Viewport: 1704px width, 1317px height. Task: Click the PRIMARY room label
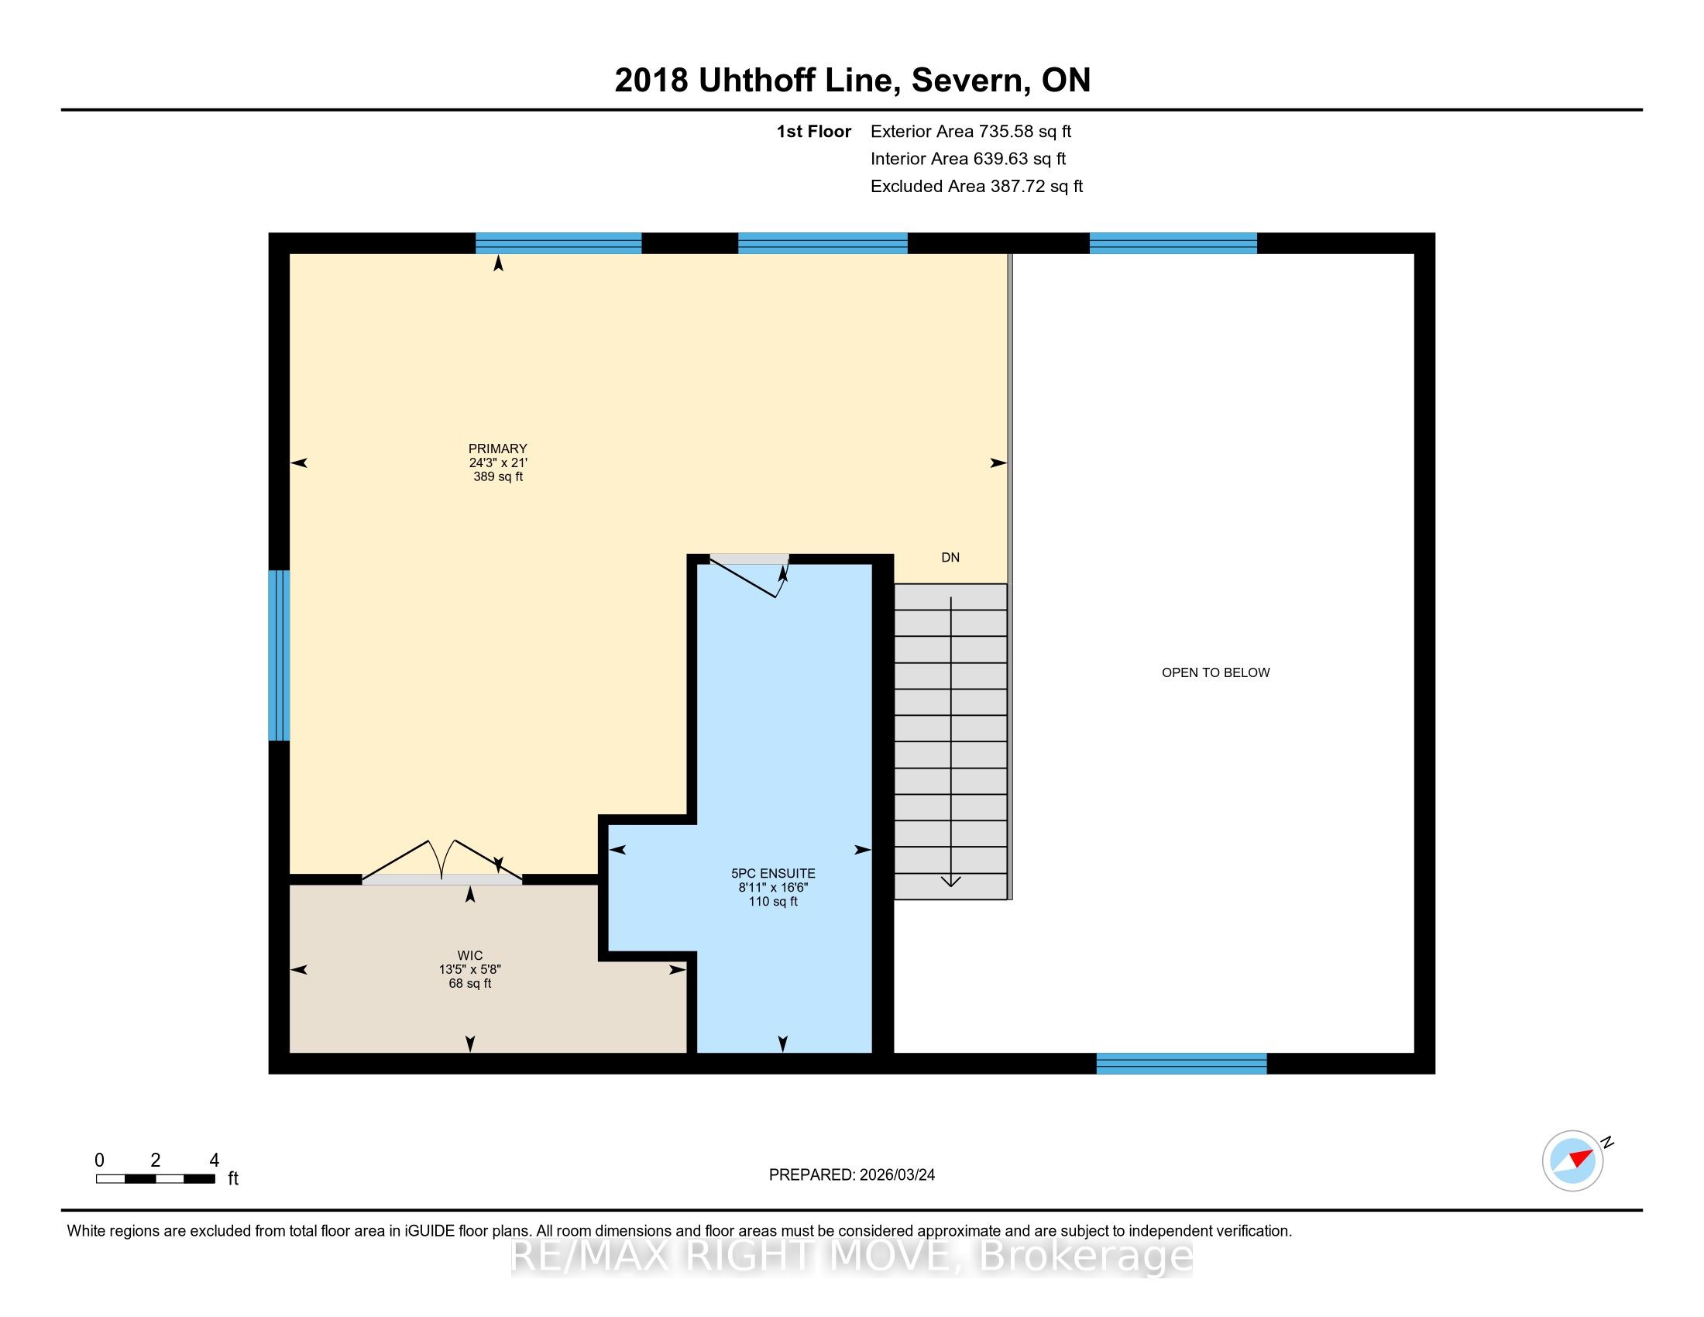click(498, 449)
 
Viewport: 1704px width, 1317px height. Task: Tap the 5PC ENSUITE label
click(773, 874)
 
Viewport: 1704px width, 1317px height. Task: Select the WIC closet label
click(469, 956)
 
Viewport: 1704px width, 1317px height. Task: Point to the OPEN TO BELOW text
click(1215, 672)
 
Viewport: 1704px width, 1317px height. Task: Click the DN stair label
click(950, 557)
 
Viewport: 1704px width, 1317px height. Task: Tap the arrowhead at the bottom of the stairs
click(950, 882)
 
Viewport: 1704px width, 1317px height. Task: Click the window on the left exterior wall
click(280, 655)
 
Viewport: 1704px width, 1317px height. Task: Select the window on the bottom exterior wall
click(1181, 1064)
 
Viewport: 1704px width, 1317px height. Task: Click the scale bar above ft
click(155, 1179)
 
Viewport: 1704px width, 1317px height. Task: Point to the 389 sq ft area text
click(498, 476)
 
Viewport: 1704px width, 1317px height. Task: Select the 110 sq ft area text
click(773, 902)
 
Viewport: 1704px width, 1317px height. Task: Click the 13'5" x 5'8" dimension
click(469, 970)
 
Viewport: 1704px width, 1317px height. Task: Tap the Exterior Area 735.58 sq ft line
click(971, 132)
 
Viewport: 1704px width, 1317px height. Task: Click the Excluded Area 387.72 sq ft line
click(977, 187)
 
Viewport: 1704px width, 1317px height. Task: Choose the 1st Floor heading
click(814, 132)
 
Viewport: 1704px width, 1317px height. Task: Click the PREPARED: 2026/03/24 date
click(852, 1175)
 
